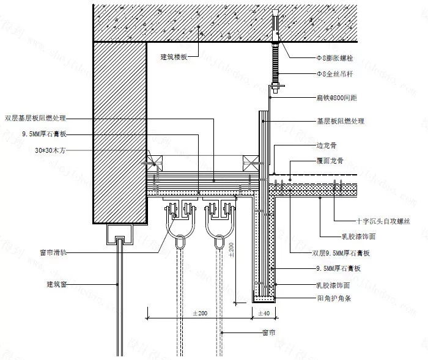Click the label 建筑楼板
[x=174, y=57]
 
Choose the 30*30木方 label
[x=50, y=149]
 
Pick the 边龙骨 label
[x=325, y=147]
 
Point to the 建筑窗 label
[x=55, y=284]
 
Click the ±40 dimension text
[x=264, y=313]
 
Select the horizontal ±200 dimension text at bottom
[x=200, y=313]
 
